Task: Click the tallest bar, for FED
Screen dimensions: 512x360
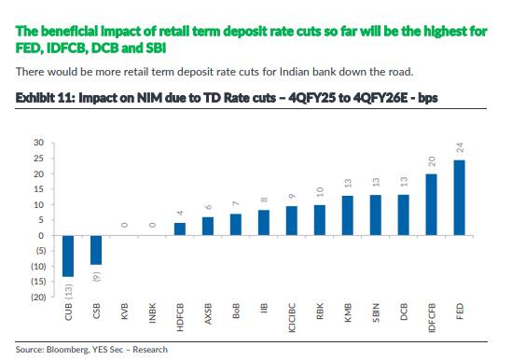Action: coord(459,198)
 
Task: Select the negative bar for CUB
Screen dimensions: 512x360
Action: coord(68,256)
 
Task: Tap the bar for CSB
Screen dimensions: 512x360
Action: coord(96,250)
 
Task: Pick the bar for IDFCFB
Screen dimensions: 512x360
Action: coord(432,204)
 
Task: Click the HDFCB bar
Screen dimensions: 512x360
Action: coord(180,229)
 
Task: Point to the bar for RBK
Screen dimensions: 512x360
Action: coord(320,220)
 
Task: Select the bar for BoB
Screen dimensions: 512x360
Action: coord(236,225)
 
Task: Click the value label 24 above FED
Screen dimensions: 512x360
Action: coord(460,147)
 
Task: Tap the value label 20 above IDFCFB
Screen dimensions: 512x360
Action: coord(432,161)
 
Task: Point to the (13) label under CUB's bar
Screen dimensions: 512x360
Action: coord(69,291)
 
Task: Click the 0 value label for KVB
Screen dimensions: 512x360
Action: coord(124,225)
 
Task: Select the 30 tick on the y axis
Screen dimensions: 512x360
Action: coord(38,143)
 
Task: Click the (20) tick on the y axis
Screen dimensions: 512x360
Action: coord(38,297)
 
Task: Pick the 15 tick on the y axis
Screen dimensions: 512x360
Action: coord(38,189)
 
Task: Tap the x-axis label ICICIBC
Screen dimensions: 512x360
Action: coord(292,318)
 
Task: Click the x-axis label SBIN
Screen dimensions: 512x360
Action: coord(376,312)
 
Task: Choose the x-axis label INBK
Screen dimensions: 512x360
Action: coord(153,313)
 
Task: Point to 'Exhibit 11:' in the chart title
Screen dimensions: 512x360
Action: coord(46,98)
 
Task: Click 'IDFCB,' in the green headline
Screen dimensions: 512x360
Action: coord(67,48)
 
